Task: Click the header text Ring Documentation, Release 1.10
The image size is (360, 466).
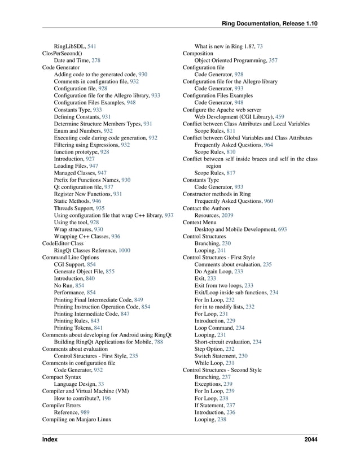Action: (x=270, y=23)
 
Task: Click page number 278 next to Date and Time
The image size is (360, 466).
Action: (x=96, y=60)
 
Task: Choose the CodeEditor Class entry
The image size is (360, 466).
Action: (x=63, y=243)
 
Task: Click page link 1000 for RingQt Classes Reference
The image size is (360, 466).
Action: (x=124, y=251)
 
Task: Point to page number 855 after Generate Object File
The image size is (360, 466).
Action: (x=110, y=272)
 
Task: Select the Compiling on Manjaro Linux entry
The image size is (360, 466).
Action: (x=76, y=420)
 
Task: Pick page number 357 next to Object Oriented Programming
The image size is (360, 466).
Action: (x=273, y=60)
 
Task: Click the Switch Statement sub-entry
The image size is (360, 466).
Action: (x=216, y=356)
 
